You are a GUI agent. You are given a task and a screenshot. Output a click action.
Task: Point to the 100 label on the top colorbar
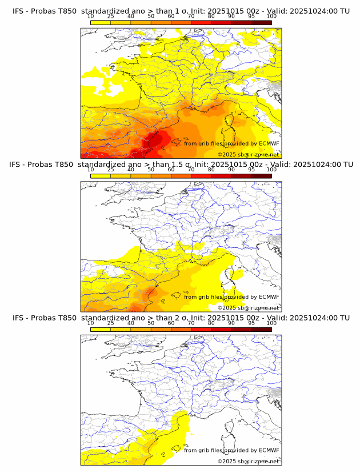click(x=271, y=16)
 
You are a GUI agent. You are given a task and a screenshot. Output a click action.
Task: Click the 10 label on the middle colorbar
click(x=91, y=170)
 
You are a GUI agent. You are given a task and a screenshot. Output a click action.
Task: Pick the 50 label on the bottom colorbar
click(x=151, y=323)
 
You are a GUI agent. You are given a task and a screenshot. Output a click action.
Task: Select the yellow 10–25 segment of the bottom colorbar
click(x=101, y=329)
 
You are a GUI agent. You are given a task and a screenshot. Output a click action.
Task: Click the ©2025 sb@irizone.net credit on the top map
click(x=248, y=154)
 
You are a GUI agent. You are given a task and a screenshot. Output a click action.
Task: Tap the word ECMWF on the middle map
click(x=269, y=296)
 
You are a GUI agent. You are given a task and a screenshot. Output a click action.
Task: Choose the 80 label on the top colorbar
click(x=211, y=16)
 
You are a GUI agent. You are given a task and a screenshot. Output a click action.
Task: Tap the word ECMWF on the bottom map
click(x=269, y=450)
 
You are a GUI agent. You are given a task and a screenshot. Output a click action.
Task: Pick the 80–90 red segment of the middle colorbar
click(x=221, y=175)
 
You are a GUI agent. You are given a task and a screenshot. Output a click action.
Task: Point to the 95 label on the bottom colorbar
click(x=251, y=323)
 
